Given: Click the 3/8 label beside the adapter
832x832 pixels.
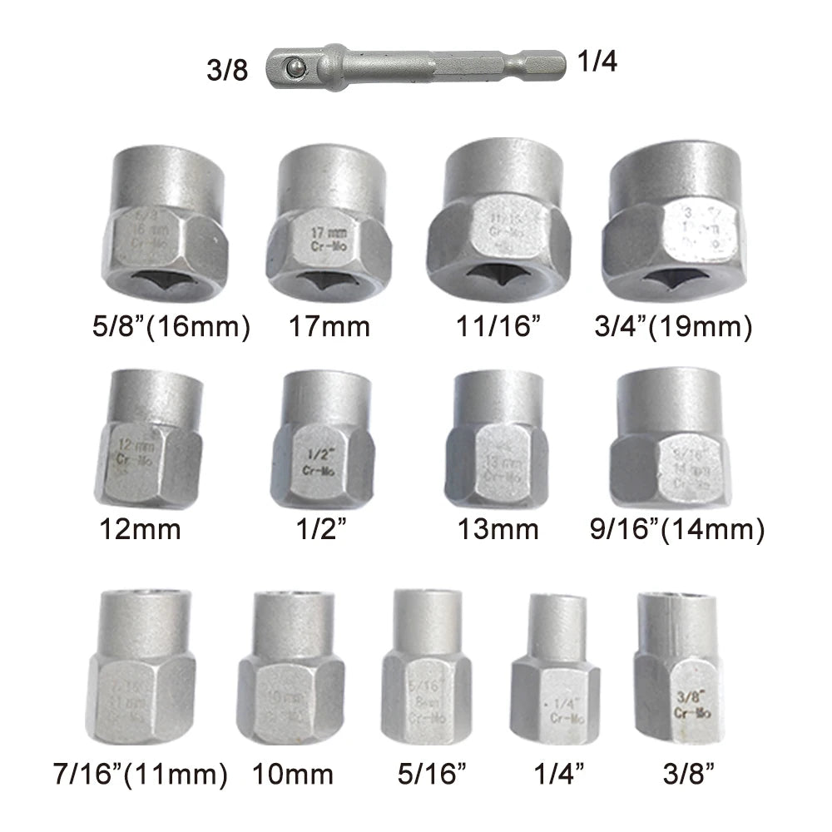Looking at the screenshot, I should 226,70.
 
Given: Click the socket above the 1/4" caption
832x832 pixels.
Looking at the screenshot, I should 555,669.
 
